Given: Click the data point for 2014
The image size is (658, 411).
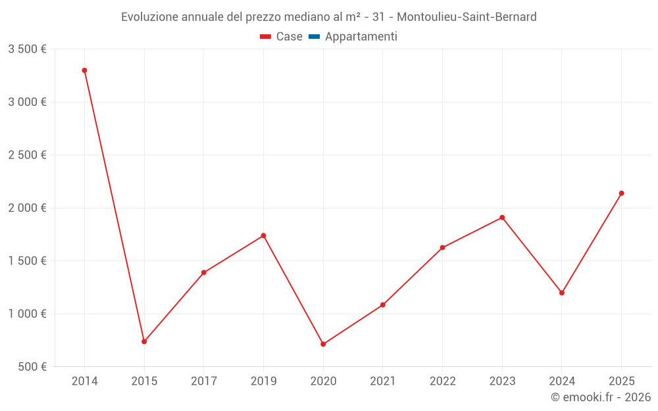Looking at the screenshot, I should point(84,70).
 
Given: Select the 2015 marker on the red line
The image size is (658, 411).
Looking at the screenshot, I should point(144,341).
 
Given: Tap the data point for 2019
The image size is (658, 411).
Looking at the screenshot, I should point(263,235).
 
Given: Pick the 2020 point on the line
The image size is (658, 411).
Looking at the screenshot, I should point(323,344).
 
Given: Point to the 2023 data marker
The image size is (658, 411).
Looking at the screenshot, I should point(502,218).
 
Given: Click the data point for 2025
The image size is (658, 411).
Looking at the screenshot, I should point(621,193).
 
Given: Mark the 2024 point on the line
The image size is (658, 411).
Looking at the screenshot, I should point(562,293).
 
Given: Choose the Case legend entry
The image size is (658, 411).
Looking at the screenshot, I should point(282,37).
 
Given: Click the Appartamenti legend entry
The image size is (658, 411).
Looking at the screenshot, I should point(353,37).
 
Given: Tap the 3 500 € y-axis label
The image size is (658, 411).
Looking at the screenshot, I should point(27,49).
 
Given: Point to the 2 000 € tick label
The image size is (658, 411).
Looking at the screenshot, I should point(27,208).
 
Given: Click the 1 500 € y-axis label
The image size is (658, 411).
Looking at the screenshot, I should point(27,260).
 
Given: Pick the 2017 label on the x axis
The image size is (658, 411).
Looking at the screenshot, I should point(204,381).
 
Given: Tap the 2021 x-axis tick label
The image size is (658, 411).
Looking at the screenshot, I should point(383,381).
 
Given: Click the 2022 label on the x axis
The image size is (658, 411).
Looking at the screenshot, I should point(442,381).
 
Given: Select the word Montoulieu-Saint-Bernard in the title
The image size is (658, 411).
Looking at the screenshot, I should point(467,17).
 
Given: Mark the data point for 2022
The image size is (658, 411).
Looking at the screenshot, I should point(442,247).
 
